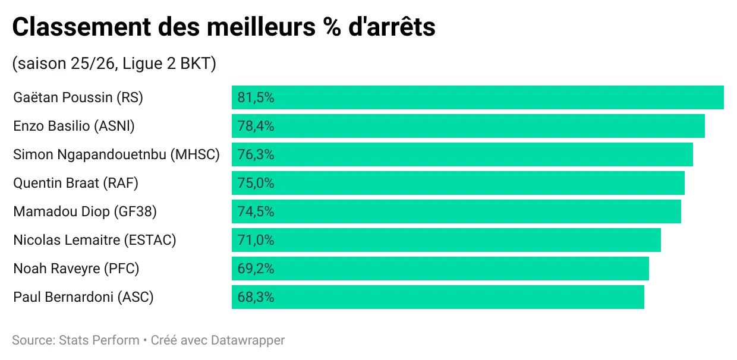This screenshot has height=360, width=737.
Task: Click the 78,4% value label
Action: click(x=256, y=126)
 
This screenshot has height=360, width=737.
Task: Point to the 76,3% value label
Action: click(x=256, y=154)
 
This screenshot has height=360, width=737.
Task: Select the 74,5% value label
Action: click(x=256, y=211)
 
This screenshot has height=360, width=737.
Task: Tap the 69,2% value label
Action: click(x=256, y=269)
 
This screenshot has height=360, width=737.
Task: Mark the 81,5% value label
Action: click(x=256, y=97)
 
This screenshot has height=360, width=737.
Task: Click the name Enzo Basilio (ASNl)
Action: click(x=74, y=126)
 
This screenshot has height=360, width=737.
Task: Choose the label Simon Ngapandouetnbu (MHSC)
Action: click(x=116, y=154)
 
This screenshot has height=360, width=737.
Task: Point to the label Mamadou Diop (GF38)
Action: click(x=85, y=211)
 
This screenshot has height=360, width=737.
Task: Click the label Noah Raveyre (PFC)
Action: click(x=76, y=269)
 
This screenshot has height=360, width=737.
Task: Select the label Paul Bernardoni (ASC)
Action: click(x=83, y=297)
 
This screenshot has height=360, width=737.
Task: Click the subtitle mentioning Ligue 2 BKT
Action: click(x=114, y=64)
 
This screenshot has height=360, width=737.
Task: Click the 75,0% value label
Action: click(x=256, y=183)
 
